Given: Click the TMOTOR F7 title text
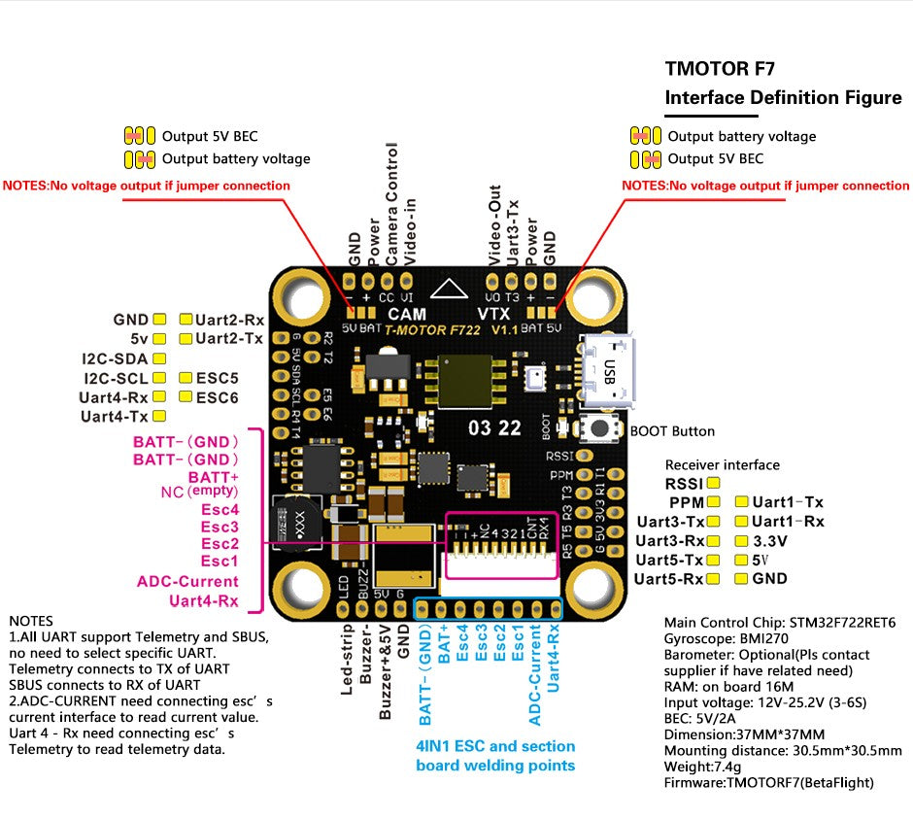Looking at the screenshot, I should click(x=720, y=69).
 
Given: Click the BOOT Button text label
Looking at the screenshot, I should click(x=672, y=431).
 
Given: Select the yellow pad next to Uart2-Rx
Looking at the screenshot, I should click(x=186, y=320).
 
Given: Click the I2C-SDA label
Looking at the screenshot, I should click(x=115, y=358).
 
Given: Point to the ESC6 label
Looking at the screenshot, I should click(x=217, y=397).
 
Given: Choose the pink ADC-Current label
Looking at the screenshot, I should click(x=187, y=581).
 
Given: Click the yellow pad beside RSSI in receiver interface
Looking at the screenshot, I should click(x=714, y=482).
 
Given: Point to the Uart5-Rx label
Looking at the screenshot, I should click(x=668, y=579).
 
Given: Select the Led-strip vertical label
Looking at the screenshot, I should click(x=347, y=660).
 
